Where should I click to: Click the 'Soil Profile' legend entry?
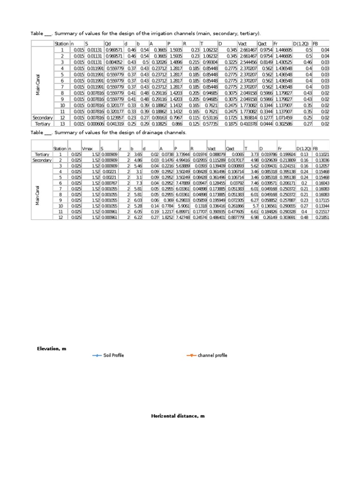113,355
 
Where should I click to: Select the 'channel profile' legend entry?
212,355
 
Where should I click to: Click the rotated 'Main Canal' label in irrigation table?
38,84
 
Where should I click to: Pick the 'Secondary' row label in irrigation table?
42,118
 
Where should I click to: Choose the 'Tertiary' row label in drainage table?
42,154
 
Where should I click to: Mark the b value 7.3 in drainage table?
139,183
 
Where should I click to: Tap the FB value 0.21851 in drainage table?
322,217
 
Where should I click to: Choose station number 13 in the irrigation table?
61,124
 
